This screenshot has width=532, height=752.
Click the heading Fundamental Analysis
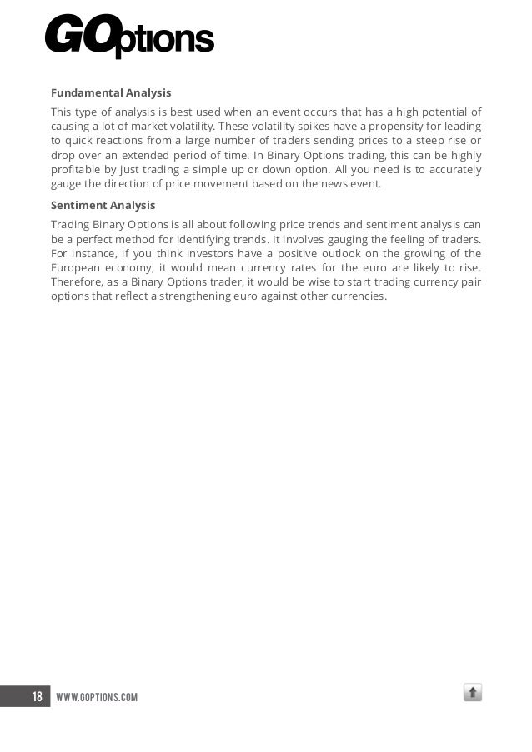point(111,92)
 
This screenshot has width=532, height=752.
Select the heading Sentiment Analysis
point(103,205)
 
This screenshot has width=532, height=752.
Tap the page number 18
point(37,696)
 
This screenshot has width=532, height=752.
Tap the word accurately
point(454,170)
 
